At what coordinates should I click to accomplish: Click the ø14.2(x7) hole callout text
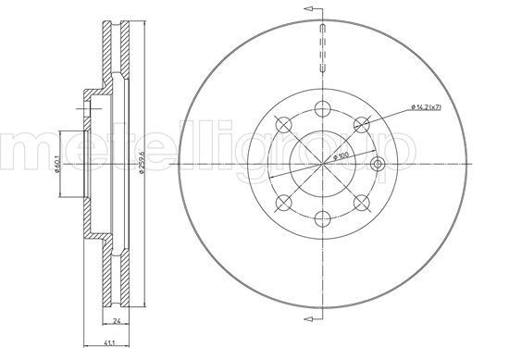[426, 107]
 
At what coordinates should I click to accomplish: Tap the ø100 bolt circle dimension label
[341, 156]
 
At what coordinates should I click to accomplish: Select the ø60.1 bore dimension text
[56, 165]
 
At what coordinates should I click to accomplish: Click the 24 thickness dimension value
[117, 321]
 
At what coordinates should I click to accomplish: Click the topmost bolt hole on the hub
[323, 108]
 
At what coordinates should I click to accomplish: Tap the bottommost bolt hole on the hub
[323, 218]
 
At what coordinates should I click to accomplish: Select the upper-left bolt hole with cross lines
[284, 124]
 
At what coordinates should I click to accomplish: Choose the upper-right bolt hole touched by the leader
[362, 124]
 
